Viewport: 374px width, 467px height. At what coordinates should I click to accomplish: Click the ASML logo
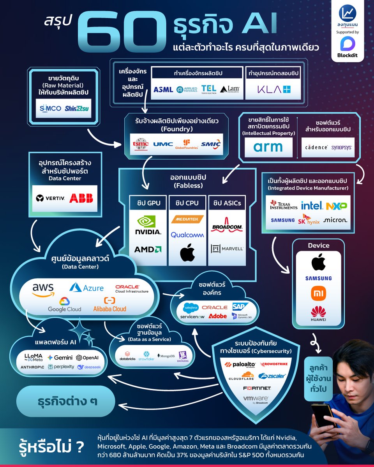coord(163,90)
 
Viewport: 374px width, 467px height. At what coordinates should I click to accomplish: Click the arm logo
coord(268,147)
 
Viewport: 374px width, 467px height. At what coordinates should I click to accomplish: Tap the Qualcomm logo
coord(187,235)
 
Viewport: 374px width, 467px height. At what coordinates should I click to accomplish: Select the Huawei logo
coord(318,314)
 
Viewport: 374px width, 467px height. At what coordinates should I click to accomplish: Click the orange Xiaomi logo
coord(318,293)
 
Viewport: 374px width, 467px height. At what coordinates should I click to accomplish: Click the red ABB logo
coord(81,198)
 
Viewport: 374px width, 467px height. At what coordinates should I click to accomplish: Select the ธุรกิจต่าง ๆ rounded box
coord(65,401)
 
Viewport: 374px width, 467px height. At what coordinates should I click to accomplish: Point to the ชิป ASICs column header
coord(227,202)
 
